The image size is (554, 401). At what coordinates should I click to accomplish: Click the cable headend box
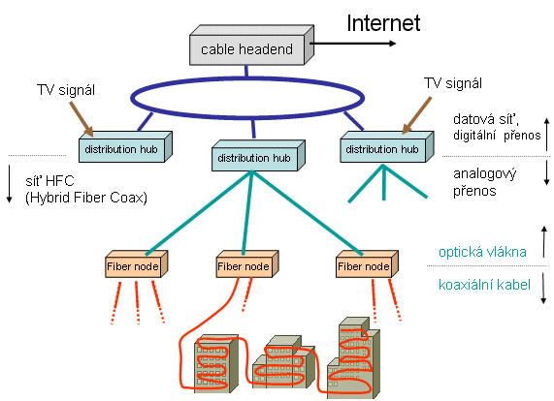tap(251, 45)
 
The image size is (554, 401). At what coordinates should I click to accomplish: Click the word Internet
tap(383, 23)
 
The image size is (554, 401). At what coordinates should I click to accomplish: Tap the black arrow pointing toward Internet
tap(352, 44)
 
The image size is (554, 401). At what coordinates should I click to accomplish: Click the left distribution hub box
tap(125, 146)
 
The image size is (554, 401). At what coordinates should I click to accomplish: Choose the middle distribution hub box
tap(258, 155)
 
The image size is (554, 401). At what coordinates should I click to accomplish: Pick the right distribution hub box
tap(387, 146)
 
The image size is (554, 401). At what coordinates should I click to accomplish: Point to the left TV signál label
tap(66, 90)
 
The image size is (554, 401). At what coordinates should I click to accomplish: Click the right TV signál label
tap(453, 83)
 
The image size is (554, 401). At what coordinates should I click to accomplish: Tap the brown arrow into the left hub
tap(81, 119)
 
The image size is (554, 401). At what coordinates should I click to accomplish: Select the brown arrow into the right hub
tap(417, 115)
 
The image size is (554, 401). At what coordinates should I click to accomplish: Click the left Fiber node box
tap(137, 263)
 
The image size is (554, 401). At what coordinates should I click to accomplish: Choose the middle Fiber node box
tap(247, 263)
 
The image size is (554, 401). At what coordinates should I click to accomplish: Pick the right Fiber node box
tap(367, 263)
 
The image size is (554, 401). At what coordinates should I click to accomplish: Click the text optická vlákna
tap(482, 252)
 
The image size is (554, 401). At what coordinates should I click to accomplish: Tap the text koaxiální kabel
tap(484, 284)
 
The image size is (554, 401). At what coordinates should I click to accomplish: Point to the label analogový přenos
tap(485, 182)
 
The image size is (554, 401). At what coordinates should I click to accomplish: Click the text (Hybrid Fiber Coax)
tap(86, 198)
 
